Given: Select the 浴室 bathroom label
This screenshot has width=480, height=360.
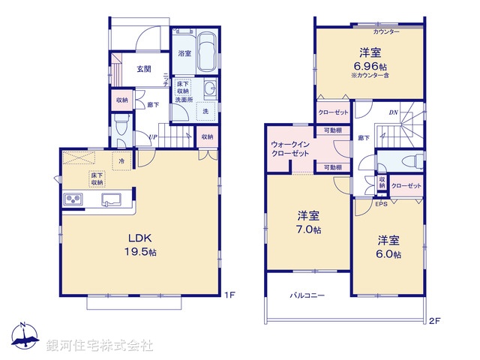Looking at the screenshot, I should point(184,54).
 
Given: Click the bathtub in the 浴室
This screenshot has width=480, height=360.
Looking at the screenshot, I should point(207,53).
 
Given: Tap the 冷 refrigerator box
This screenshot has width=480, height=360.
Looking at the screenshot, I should point(121,160).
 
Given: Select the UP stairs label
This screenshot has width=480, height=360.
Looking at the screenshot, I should point(152,136).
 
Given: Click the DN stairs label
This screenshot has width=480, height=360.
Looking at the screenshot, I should point(393,113).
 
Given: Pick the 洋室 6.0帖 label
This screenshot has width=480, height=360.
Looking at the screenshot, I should point(388,247).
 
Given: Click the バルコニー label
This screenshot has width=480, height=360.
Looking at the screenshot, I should point(307,296).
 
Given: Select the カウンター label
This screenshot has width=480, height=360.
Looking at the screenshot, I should point(386,31).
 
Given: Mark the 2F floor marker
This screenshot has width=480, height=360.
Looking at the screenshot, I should point(434,321).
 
